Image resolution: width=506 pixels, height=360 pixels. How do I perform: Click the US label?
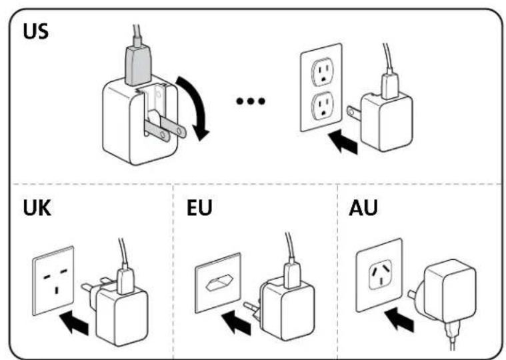(x=35, y=31)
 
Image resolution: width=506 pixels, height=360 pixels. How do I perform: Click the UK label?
(x=37, y=208)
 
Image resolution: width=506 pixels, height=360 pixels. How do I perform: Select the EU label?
(x=199, y=208)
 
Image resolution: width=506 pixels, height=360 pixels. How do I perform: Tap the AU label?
(x=363, y=208)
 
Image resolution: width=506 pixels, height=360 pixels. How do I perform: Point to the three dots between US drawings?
(x=251, y=101)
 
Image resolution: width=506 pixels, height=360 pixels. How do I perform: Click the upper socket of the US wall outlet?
(x=322, y=71)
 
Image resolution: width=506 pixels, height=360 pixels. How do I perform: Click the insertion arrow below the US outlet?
(x=343, y=142)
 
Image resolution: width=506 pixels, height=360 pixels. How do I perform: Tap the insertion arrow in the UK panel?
(x=74, y=323)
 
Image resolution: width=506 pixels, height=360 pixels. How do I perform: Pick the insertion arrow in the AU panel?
(x=399, y=320)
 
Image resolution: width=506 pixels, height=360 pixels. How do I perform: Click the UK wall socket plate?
(x=53, y=281)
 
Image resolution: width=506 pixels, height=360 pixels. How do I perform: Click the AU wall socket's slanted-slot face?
(x=381, y=275)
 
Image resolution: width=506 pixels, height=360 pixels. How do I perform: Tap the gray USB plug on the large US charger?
(x=138, y=65)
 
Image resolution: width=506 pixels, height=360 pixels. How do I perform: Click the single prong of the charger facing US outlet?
(x=354, y=111)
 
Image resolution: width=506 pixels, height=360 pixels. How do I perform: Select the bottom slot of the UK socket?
(x=57, y=290)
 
